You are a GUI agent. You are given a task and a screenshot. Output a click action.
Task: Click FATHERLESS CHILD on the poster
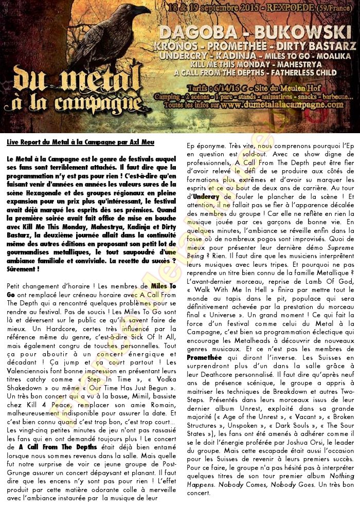[x=303, y=72]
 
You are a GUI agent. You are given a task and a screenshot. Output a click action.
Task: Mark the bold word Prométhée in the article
[x=204, y=342]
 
